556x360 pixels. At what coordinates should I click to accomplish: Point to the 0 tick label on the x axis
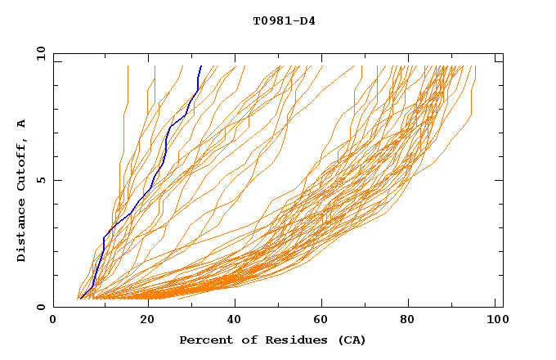point(53,322)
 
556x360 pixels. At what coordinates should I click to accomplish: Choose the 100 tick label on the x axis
point(495,322)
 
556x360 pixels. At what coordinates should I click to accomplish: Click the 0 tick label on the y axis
point(40,307)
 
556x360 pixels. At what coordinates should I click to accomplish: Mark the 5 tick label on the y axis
point(40,180)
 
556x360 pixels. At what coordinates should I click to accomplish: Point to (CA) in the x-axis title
point(351,340)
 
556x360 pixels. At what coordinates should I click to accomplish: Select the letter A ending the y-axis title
point(22,124)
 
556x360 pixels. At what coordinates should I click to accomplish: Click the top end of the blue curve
point(201,65)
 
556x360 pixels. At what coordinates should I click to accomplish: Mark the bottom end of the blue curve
point(80,299)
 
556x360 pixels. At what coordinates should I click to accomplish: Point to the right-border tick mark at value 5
point(499,180)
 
